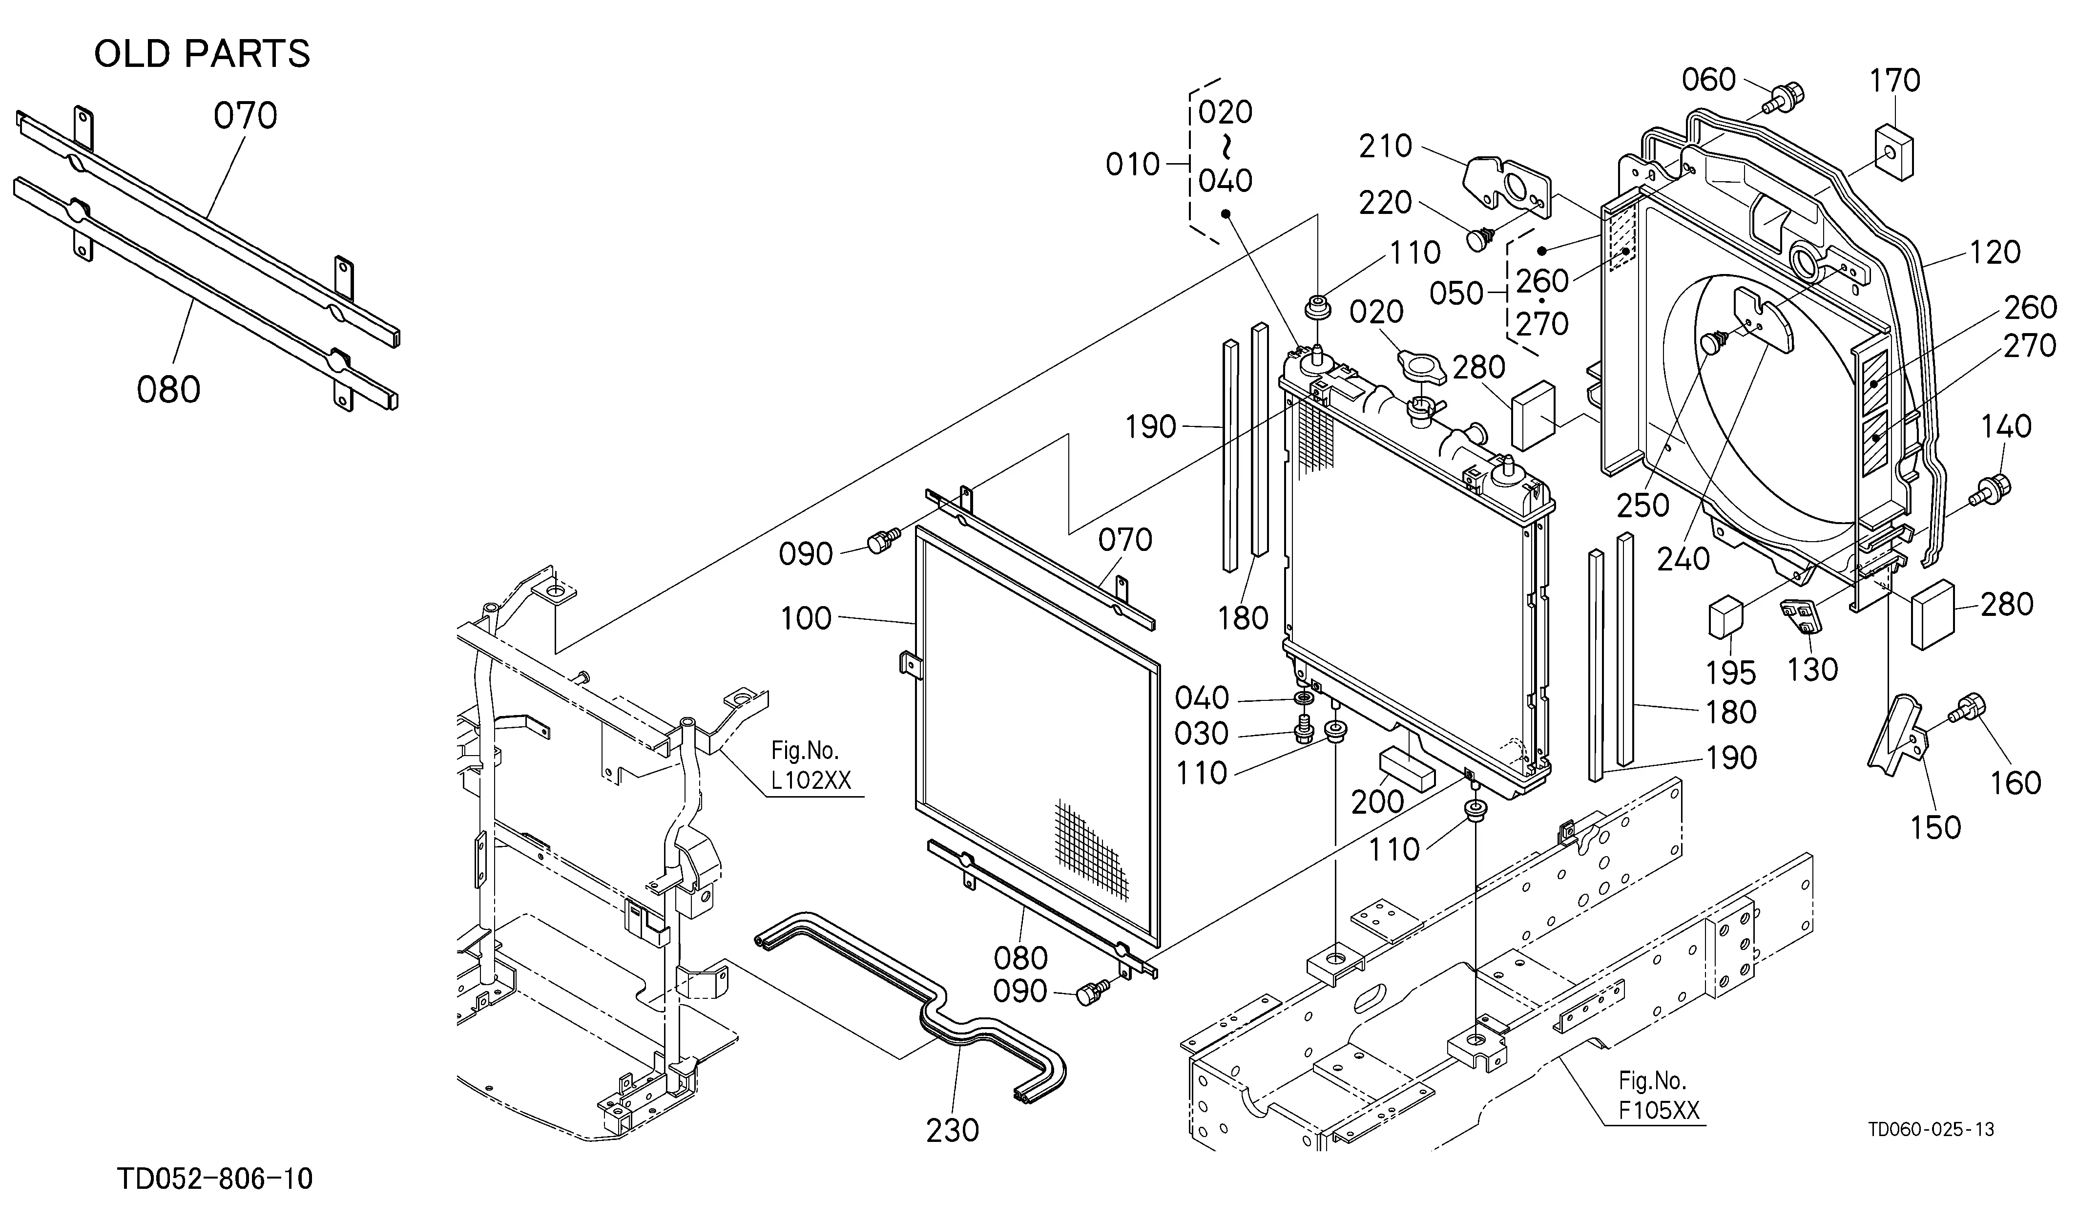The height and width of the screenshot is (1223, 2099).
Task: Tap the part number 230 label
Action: (953, 1131)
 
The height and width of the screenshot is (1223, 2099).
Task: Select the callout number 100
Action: (806, 618)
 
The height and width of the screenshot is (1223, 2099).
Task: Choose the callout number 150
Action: (1935, 827)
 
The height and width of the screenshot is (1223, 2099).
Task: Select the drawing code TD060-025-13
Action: (1930, 1130)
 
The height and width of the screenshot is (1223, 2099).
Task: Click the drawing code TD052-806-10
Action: (215, 1180)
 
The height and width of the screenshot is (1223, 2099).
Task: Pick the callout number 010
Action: (1133, 165)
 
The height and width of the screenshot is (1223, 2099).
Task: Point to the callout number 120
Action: (1995, 253)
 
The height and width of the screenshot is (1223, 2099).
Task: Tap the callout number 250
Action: (1643, 505)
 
